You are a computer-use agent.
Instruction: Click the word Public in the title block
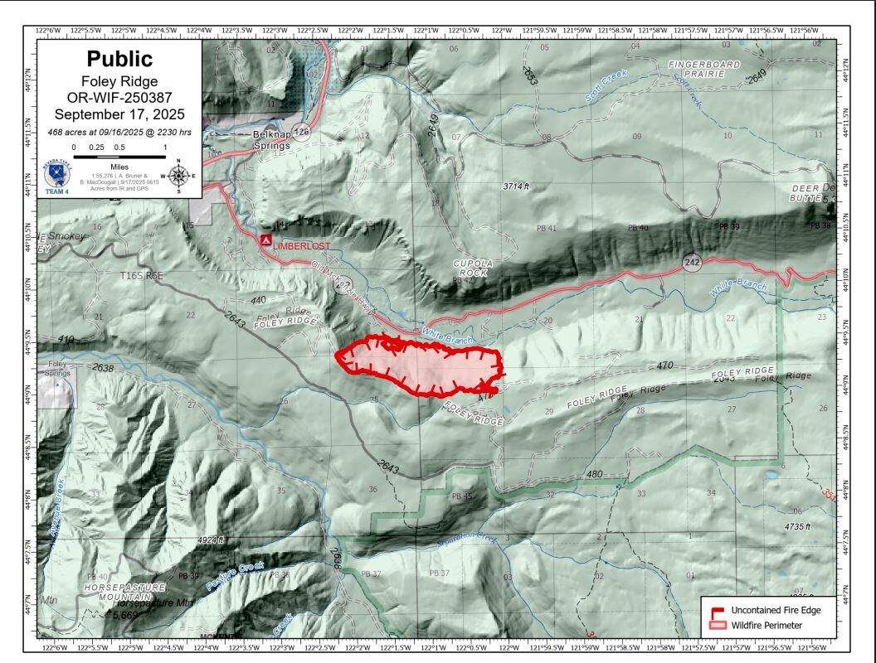click(x=119, y=59)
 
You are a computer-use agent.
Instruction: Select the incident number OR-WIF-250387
click(x=119, y=98)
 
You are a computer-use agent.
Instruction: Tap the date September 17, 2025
click(x=119, y=114)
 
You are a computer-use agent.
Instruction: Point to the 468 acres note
click(x=119, y=132)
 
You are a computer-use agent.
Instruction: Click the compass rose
click(x=178, y=176)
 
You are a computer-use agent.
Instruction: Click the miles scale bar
click(x=119, y=155)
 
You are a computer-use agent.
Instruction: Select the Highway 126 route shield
click(x=302, y=132)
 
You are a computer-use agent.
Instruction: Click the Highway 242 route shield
click(x=693, y=263)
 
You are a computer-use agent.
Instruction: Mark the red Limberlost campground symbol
click(x=265, y=240)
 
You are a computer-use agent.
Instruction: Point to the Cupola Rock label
click(x=473, y=267)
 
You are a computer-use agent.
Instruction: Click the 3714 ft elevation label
click(x=515, y=186)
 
